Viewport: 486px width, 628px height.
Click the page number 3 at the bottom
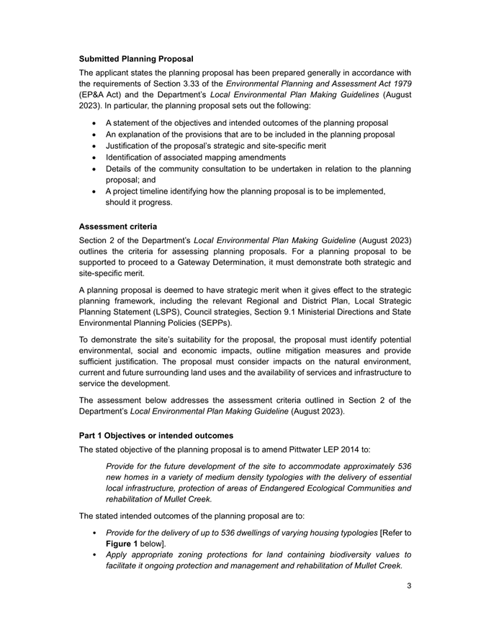[x=408, y=586]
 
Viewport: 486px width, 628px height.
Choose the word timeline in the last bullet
[x=163, y=191]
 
